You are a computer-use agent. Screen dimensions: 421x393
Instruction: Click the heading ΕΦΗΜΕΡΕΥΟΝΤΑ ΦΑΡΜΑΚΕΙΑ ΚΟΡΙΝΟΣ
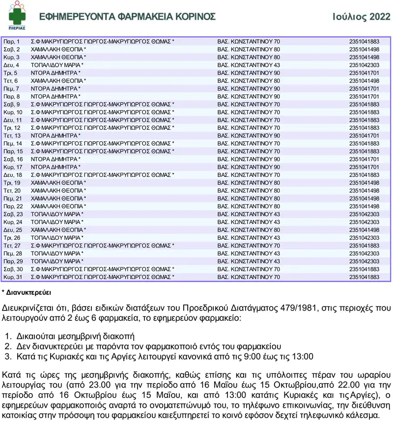[x=127, y=17]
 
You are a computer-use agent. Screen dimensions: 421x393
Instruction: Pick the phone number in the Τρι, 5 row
[x=364, y=73]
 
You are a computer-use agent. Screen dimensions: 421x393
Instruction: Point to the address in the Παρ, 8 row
[x=249, y=96]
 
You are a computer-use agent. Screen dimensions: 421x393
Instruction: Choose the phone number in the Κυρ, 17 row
[x=364, y=167]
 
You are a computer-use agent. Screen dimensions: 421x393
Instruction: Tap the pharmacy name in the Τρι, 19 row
[x=58, y=183]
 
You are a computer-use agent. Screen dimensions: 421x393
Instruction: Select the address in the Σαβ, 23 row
[x=249, y=214]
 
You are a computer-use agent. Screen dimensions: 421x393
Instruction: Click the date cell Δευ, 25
[x=13, y=230]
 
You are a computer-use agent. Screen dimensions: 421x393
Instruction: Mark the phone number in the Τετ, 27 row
[x=364, y=246]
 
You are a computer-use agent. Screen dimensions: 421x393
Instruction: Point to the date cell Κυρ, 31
[x=13, y=277]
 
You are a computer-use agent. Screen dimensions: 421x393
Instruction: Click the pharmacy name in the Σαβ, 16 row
[x=56, y=159]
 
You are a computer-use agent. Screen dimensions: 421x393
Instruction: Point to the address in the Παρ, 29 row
[x=249, y=261]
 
